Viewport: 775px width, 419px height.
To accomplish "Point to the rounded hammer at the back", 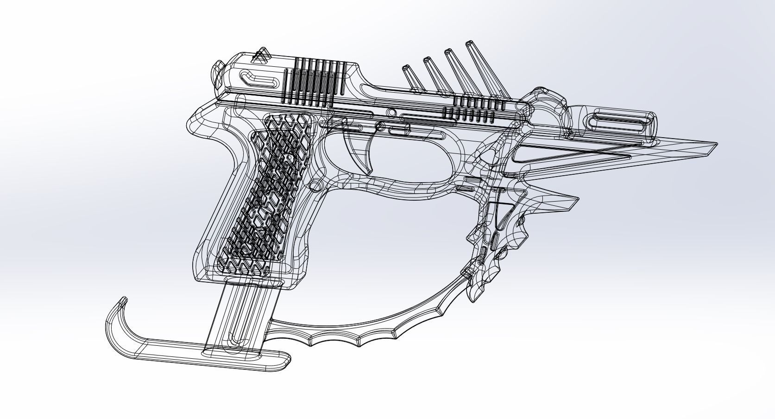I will click(217, 74).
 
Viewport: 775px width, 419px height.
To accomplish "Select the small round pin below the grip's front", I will click(315, 185).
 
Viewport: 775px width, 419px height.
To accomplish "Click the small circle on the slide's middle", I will click(391, 113).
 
